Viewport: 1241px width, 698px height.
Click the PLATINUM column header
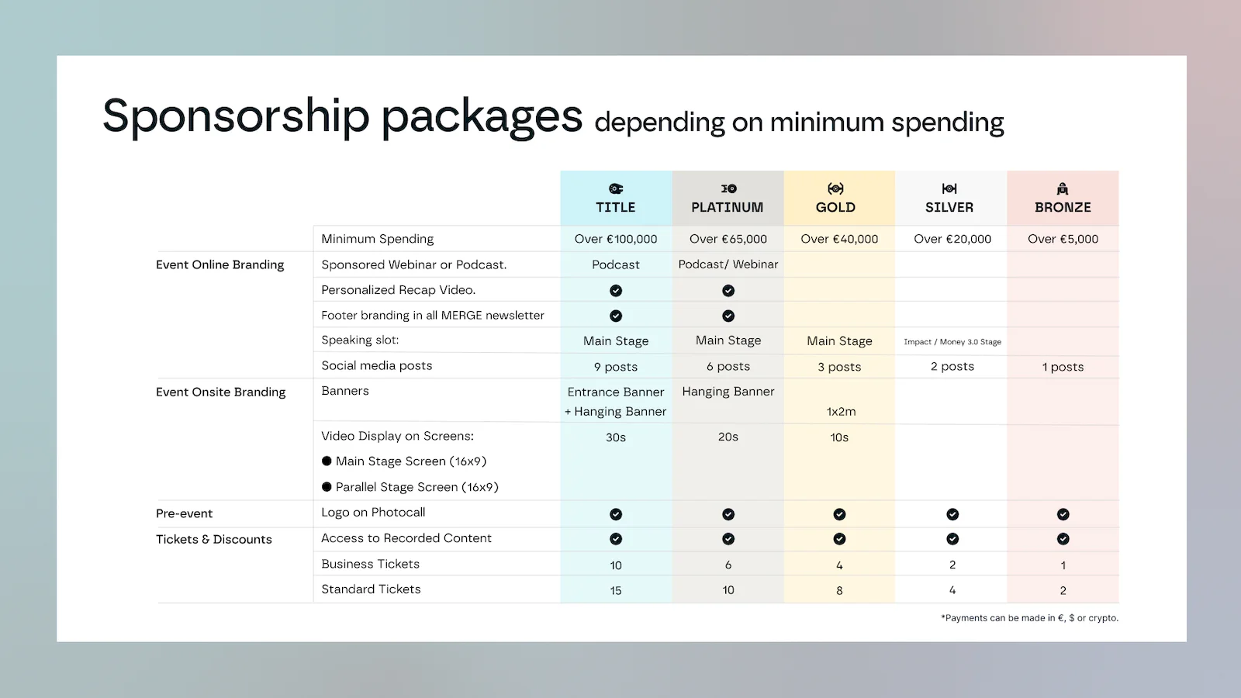click(727, 207)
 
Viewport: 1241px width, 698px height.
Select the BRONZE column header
click(1063, 207)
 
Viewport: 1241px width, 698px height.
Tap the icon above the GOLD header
click(835, 188)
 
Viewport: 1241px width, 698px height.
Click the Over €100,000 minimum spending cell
click(616, 239)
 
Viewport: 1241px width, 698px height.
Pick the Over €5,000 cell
click(1063, 239)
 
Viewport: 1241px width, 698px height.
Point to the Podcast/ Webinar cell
click(728, 264)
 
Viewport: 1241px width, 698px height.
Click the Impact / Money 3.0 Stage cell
click(952, 341)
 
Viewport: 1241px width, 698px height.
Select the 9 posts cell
click(616, 367)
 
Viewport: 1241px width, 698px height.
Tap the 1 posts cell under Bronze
click(1063, 367)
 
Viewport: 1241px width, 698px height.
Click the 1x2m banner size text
click(841, 412)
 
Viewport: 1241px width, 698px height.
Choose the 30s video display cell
click(616, 437)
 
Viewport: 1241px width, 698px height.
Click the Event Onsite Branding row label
click(220, 392)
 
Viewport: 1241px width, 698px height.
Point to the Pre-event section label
click(184, 513)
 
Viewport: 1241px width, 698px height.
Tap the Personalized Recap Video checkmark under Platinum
click(728, 291)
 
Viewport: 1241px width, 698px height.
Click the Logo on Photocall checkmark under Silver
click(952, 514)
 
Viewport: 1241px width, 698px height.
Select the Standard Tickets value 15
click(616, 591)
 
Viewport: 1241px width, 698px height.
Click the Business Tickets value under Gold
click(839, 565)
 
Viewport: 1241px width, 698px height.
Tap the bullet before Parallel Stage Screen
click(327, 487)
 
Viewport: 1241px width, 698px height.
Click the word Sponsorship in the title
click(236, 116)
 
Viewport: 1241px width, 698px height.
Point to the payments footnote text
click(1029, 618)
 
